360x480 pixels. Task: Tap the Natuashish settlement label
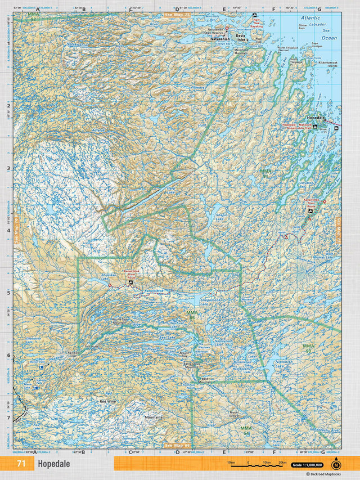[220, 39]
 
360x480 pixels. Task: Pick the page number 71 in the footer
[21, 464]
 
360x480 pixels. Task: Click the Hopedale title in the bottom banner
[54, 464]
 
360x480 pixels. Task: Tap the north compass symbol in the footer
[336, 464]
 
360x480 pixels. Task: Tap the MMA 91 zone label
[264, 173]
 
